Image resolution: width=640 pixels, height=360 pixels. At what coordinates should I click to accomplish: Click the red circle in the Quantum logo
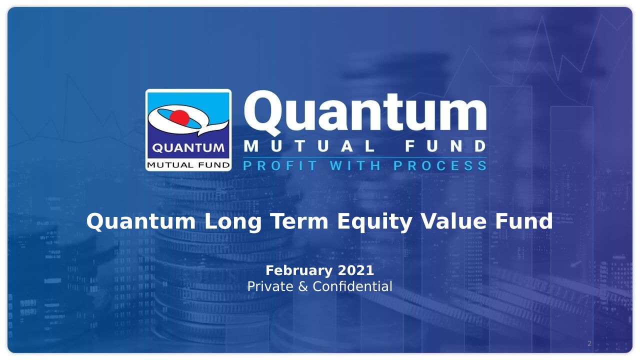pos(179,117)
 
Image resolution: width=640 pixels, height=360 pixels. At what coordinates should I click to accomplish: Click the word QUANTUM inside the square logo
pos(188,148)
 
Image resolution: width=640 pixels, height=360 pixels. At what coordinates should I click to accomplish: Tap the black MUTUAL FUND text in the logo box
pos(188,165)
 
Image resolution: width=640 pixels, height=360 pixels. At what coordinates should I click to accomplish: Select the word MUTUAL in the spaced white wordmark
pos(309,146)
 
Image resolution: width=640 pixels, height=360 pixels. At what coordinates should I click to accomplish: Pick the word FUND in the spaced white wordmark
pos(445,146)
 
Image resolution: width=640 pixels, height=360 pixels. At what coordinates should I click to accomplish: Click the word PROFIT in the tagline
pos(280,165)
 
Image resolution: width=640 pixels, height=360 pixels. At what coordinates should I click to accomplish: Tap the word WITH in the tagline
pos(355,165)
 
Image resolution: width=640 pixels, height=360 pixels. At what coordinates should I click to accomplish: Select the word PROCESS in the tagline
pos(440,165)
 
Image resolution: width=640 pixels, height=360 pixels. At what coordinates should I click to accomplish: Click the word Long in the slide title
pos(233,222)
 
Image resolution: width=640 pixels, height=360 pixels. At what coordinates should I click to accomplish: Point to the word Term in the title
pos(299,221)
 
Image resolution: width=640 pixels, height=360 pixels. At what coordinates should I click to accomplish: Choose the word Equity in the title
pos(374,222)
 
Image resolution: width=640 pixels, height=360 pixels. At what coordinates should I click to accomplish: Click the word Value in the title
pos(453,221)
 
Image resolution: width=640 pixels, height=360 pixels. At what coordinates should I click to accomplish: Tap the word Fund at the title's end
pos(524,221)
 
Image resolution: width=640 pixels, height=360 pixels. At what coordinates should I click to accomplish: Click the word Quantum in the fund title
pos(141,221)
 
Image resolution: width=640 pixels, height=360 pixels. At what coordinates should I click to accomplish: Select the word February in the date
pos(299,271)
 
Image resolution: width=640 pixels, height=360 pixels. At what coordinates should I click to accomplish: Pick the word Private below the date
pos(270,286)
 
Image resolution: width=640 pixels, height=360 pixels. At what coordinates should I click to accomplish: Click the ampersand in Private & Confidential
pos(303,286)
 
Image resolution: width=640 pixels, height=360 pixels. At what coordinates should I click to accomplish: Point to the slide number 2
pos(589,343)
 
